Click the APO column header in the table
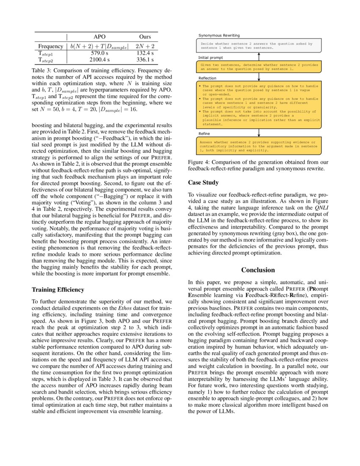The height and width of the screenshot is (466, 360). click(x=99, y=37)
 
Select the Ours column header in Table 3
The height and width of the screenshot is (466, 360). click(x=145, y=37)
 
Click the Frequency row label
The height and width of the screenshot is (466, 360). click(x=50, y=46)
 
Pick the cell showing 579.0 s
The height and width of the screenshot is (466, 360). click(x=99, y=54)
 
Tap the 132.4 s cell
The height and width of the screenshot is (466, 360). click(x=145, y=54)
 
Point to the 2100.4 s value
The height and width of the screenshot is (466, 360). click(x=99, y=60)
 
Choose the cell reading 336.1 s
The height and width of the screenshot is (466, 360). click(x=145, y=60)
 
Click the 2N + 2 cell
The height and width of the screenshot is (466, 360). click(x=145, y=46)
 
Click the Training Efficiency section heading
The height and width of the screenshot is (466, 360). click(x=58, y=290)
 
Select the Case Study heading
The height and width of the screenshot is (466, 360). click(x=203, y=183)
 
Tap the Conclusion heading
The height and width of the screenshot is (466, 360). click(x=258, y=270)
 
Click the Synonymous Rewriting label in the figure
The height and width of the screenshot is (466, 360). click(x=219, y=36)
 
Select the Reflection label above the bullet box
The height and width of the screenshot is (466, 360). click(x=207, y=78)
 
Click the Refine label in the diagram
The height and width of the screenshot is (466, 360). click(x=204, y=133)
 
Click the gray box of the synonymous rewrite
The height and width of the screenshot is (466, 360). click(x=258, y=46)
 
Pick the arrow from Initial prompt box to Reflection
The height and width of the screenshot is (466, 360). click(x=258, y=76)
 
